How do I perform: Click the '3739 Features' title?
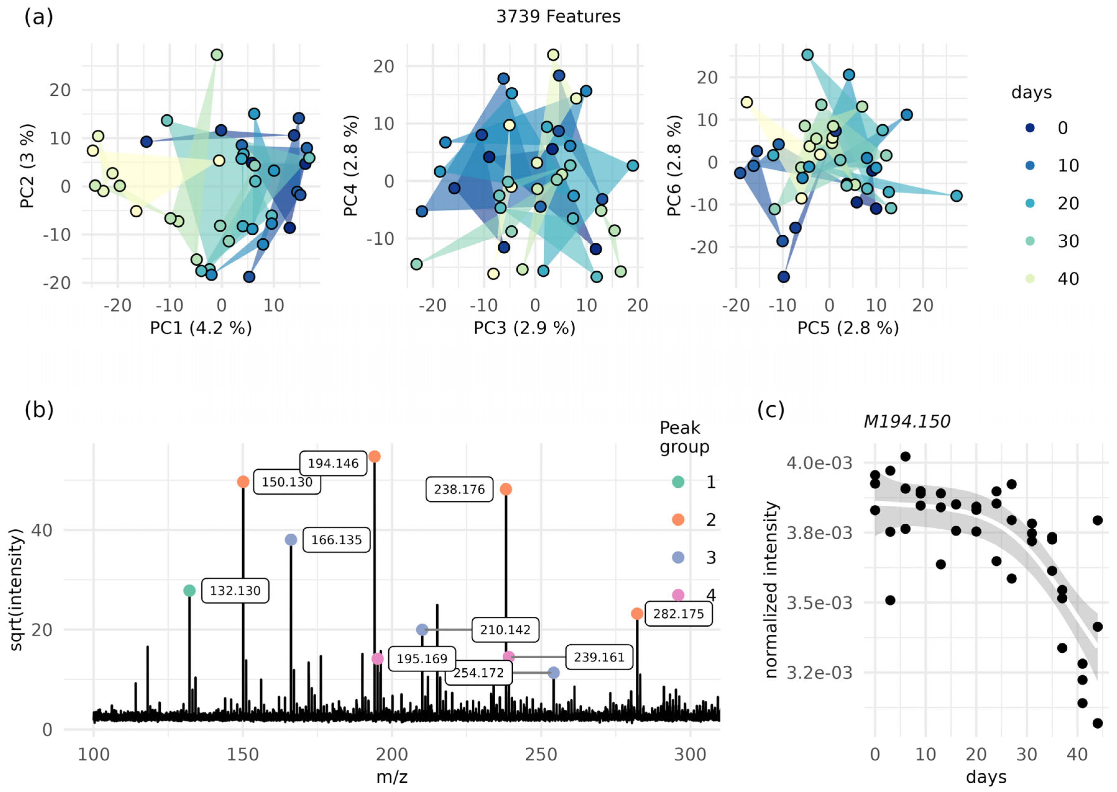coord(558,16)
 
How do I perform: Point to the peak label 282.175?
coord(678,614)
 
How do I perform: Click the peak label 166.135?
coord(336,540)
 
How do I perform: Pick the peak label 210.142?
coord(505,630)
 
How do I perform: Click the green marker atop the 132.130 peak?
coord(189,591)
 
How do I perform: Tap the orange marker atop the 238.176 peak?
coord(506,489)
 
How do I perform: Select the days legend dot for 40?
coord(1030,279)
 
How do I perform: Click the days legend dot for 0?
coord(1030,128)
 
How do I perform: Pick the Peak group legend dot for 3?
coord(678,557)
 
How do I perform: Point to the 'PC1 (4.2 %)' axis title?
coord(201,328)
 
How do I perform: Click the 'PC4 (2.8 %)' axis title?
coord(350,166)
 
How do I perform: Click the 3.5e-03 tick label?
coord(819,603)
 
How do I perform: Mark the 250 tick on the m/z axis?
coord(541,754)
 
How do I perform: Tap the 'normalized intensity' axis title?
coord(771,590)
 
